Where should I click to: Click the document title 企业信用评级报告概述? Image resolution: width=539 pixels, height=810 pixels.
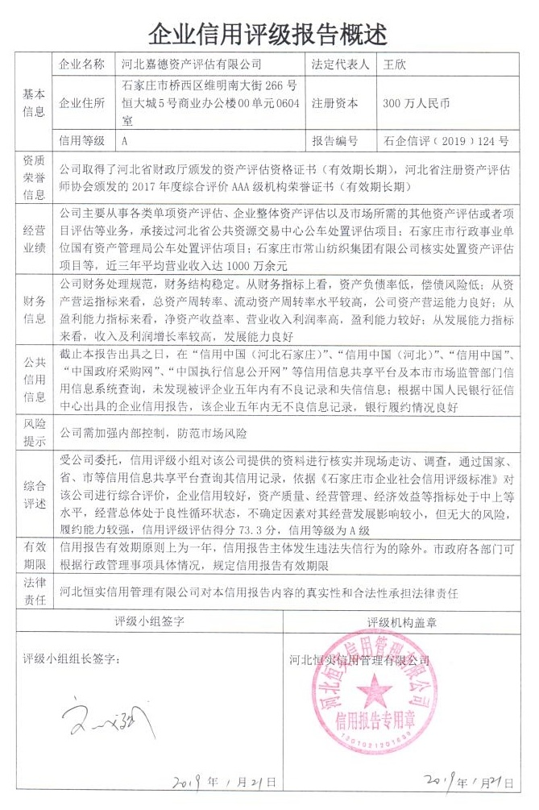[x=268, y=33]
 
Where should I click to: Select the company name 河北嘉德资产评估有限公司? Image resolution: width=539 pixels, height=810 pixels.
[x=191, y=64]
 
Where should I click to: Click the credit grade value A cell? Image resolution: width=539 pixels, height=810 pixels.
[x=125, y=140]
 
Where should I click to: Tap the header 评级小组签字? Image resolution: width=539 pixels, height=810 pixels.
[x=149, y=622]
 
